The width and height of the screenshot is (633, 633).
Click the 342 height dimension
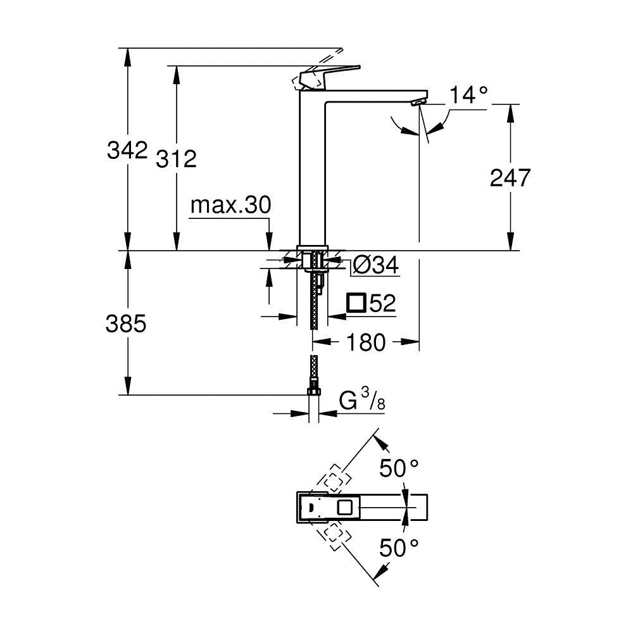tap(127, 151)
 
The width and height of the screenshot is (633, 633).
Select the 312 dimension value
tap(177, 160)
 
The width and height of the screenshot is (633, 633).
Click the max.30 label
tap(230, 205)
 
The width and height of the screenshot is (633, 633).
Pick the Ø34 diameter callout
tap(375, 266)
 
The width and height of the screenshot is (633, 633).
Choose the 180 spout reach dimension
tap(366, 342)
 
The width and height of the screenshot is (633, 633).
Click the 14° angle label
tap(469, 96)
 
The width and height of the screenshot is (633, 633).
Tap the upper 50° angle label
tap(399, 468)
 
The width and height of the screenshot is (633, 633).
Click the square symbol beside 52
tap(356, 303)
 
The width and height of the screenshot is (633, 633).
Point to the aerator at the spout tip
tap(418, 102)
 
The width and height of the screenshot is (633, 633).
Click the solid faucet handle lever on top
tap(332, 73)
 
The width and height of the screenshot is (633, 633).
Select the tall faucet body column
tap(311, 171)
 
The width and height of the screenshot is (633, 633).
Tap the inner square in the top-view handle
tap(346, 507)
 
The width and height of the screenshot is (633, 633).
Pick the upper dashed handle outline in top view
tap(334, 480)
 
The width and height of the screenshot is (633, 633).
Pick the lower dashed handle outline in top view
tap(334, 534)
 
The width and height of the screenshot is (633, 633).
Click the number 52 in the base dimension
tap(382, 304)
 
